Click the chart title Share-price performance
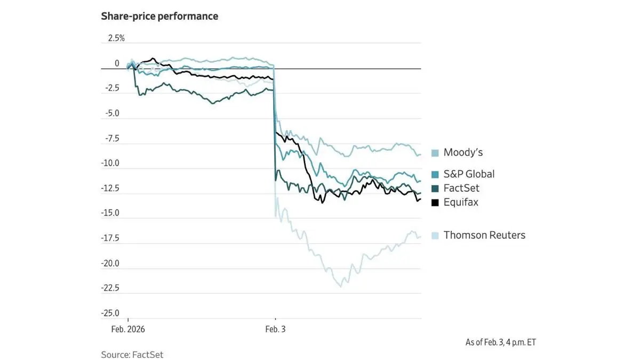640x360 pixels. (159, 17)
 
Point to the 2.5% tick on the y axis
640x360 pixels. (116, 38)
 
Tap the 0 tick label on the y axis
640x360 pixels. (117, 63)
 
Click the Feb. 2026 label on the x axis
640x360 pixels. (128, 330)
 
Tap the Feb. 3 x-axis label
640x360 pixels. (275, 330)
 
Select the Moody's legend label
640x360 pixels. (463, 153)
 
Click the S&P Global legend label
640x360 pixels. (469, 174)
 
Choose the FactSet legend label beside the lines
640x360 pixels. (461, 188)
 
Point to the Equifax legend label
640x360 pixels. (461, 202)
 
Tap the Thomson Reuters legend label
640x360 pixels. (484, 235)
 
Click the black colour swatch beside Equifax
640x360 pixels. (435, 203)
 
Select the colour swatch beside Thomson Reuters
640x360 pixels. (435, 235)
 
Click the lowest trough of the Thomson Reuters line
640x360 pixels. (340, 286)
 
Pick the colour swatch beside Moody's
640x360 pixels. (435, 153)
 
